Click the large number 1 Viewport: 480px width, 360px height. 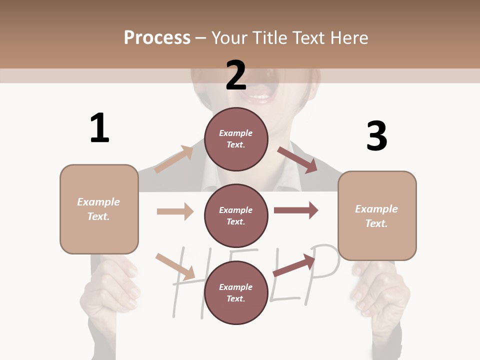99,128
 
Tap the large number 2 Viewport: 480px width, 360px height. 236,75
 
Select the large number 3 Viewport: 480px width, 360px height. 376,136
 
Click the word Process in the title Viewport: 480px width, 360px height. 157,37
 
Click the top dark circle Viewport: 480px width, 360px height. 236,139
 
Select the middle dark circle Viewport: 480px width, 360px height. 236,215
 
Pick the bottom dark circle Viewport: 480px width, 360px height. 236,292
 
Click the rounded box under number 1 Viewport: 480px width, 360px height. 99,209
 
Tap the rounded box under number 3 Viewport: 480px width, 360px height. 377,215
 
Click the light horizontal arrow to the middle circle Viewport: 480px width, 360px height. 175,211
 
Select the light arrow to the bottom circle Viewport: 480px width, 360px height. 175,266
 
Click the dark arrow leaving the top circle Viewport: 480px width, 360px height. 298,159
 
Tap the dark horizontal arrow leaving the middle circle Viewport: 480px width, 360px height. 296,210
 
